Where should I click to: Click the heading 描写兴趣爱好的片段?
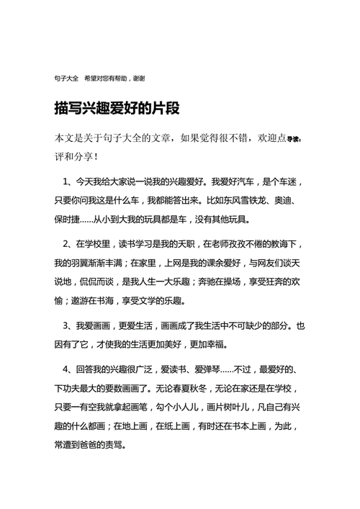click(116, 109)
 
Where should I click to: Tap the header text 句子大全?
click(66, 76)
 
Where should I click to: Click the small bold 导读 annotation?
click(295, 140)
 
